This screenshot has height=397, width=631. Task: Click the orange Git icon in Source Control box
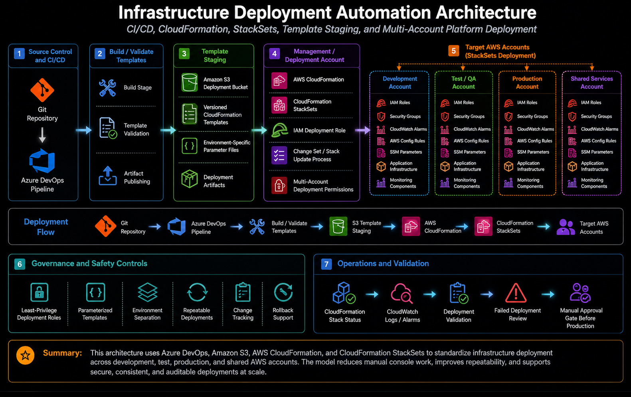click(42, 90)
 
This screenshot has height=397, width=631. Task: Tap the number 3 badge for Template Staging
click(184, 53)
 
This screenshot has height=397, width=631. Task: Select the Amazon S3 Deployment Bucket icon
click(189, 83)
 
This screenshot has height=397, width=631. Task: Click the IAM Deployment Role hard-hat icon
click(280, 130)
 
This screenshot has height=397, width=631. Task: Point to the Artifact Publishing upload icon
click(108, 176)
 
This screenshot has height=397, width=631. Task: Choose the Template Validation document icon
click(108, 128)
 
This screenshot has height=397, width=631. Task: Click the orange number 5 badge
click(453, 51)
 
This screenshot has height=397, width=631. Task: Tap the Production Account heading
click(527, 83)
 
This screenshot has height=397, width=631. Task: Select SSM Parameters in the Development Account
click(406, 152)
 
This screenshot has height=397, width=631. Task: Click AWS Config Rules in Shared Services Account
click(598, 141)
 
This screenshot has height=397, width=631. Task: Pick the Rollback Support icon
click(283, 292)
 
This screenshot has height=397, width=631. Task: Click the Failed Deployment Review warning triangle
click(516, 293)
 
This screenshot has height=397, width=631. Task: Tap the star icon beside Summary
click(26, 356)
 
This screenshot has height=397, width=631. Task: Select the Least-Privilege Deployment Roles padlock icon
click(39, 292)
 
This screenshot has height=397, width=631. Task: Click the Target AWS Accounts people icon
click(566, 227)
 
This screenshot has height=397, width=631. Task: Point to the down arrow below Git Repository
click(42, 135)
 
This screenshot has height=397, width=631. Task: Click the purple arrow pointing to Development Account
click(362, 130)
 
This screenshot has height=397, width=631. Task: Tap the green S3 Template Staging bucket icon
click(338, 226)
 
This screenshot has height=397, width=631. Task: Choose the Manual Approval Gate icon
click(580, 293)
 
